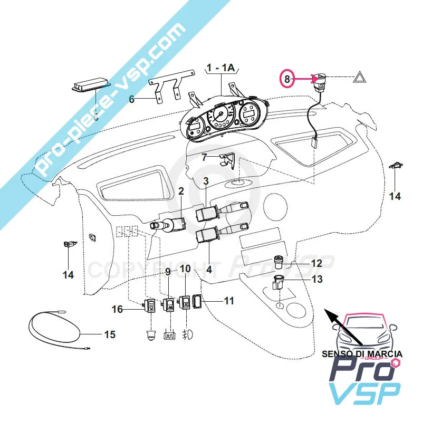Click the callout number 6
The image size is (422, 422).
pos(132,98)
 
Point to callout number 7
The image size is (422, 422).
pos(205,157)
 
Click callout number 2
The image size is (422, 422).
pos(180,191)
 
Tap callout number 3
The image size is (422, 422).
pos(206,181)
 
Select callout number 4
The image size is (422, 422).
pos(209,269)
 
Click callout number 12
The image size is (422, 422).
pos(316,262)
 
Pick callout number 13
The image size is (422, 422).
pos(316,279)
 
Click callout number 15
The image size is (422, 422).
pos(109,334)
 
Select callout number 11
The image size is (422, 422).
pos(228,301)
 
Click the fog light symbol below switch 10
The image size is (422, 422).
pos(186,334)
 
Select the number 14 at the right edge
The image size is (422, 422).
pos(395,196)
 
